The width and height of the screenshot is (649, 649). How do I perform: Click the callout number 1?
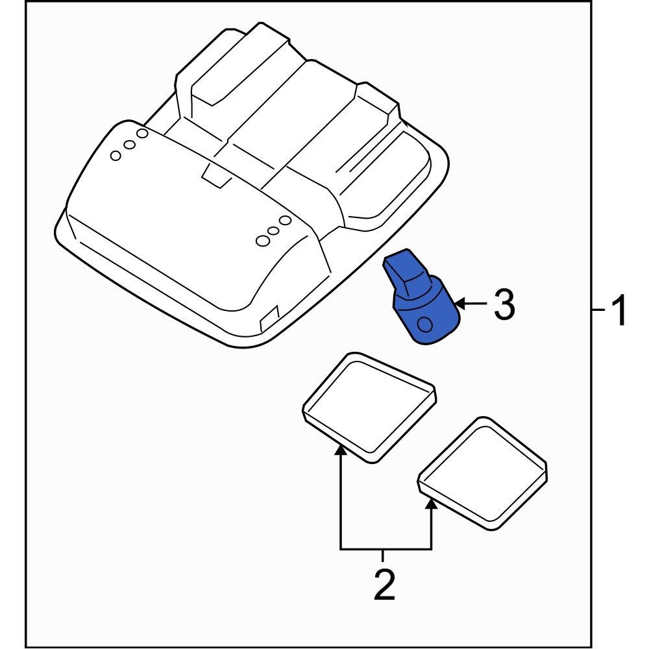pyautogui.click(x=619, y=311)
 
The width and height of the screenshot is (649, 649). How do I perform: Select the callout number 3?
pyautogui.click(x=504, y=305)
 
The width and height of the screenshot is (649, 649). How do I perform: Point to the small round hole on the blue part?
pyautogui.click(x=425, y=324)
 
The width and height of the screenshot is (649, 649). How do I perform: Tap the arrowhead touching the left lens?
pyautogui.click(x=339, y=450)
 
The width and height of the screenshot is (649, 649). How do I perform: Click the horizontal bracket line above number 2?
pyautogui.click(x=385, y=549)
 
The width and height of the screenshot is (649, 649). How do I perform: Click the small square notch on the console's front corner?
pyautogui.click(x=268, y=320)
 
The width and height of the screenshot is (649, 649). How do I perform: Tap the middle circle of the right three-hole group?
pyautogui.click(x=274, y=230)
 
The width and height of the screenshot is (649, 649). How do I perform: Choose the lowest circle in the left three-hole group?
pyautogui.click(x=116, y=155)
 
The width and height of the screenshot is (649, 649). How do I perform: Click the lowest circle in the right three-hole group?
pyautogui.click(x=262, y=241)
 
